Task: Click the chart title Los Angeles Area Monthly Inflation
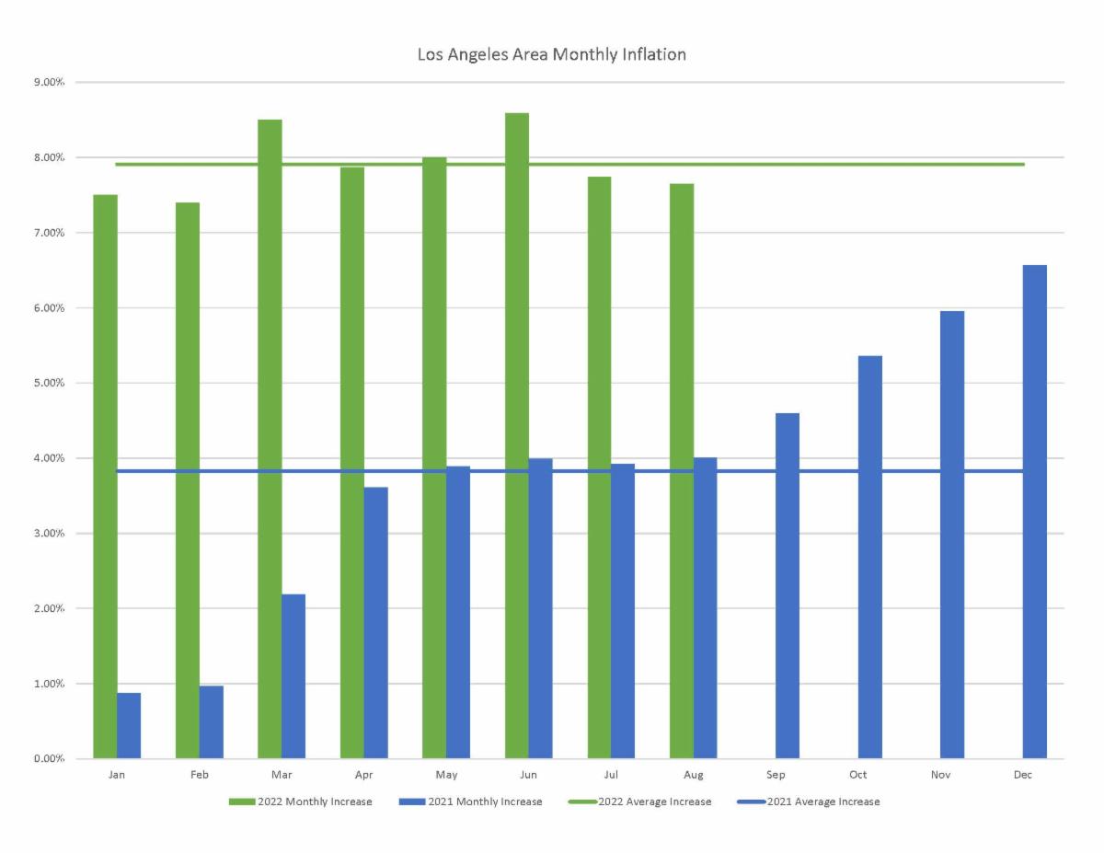[x=551, y=54]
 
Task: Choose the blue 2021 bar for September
[x=788, y=586]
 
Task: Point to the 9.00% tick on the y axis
[x=48, y=82]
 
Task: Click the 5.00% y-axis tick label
[x=48, y=383]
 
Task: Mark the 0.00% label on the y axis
[x=48, y=759]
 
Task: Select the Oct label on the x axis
[x=857, y=775]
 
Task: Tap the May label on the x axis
[x=446, y=775]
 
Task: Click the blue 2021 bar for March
[x=293, y=676]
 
